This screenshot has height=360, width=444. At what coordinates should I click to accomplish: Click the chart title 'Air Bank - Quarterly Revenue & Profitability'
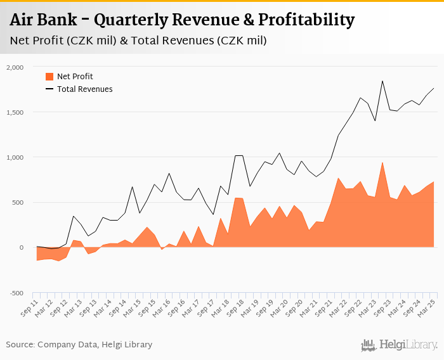(182, 20)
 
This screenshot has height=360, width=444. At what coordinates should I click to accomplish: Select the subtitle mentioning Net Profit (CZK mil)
(138, 41)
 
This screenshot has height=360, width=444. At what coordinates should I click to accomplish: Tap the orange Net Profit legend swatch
(49, 77)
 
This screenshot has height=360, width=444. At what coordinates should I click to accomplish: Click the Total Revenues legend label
(85, 89)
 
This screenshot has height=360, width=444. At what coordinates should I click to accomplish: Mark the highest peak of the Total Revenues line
(382, 80)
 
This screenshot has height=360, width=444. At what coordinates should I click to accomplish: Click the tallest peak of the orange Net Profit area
(382, 162)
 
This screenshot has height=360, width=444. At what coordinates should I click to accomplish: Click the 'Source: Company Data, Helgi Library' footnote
(79, 345)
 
